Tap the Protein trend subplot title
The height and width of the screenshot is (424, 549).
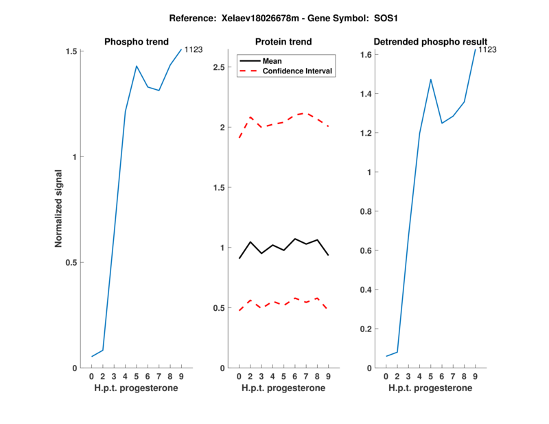[283, 42]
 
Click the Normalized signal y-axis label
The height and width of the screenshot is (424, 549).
[59, 209]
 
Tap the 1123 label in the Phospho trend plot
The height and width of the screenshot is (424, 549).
[194, 49]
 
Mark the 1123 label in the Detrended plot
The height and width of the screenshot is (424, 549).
[487, 49]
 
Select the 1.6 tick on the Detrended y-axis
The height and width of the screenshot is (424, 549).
[369, 55]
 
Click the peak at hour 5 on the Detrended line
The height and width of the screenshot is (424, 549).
[430, 80]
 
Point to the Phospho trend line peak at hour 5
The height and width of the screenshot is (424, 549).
[137, 66]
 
